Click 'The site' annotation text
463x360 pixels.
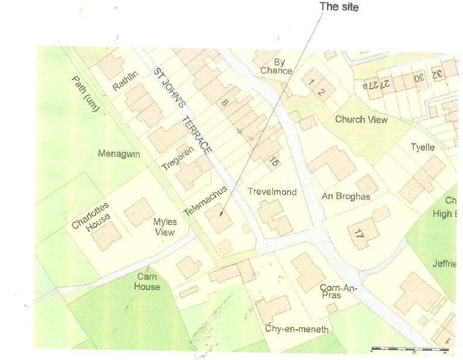[x=338, y=7]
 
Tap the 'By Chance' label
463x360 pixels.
[x=276, y=66]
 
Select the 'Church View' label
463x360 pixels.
[x=361, y=119]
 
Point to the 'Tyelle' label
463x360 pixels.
[x=423, y=147]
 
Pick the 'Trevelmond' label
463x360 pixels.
[x=272, y=192]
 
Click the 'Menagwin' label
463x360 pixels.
[x=119, y=154]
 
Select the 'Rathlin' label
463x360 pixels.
[x=126, y=81]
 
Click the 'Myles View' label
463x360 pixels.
[x=164, y=227]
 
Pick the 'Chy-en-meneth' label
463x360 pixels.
[x=297, y=329]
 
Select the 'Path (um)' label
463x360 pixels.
[x=88, y=96]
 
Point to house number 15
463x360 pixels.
[x=275, y=161]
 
